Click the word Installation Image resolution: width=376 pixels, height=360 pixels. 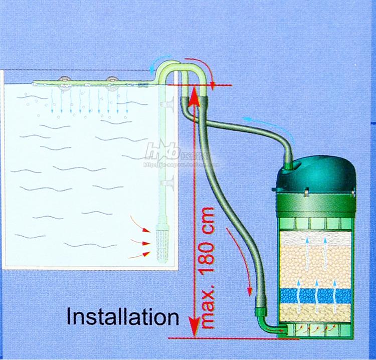(123, 317)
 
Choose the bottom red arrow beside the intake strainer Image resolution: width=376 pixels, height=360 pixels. (139, 256)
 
